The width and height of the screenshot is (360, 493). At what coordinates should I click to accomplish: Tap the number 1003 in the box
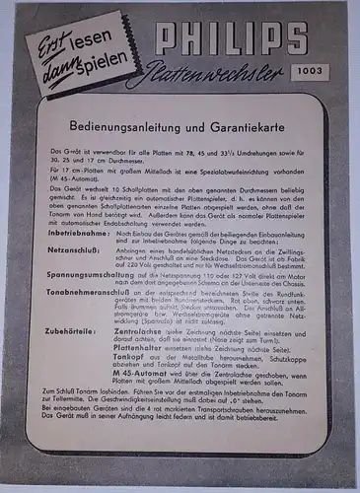tap(308, 70)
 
